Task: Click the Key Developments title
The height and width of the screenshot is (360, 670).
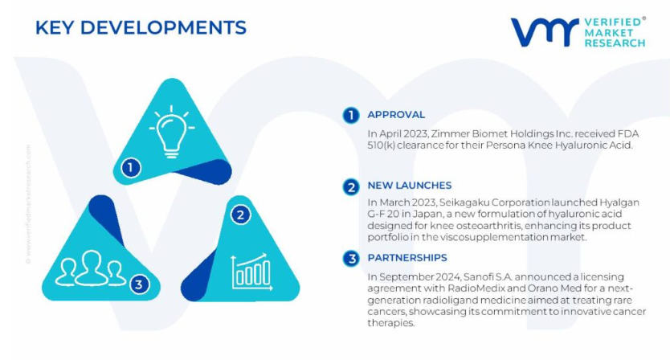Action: tap(141, 28)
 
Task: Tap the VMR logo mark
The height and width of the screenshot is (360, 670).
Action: tap(545, 32)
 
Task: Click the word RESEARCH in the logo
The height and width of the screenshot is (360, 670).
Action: tap(615, 43)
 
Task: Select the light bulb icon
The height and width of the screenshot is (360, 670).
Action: tap(171, 132)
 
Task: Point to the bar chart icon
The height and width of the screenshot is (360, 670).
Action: tap(252, 272)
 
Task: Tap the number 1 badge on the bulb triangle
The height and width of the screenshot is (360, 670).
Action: tap(131, 168)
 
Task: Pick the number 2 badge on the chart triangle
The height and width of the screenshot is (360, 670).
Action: tap(240, 215)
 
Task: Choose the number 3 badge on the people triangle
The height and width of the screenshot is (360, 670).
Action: tap(138, 284)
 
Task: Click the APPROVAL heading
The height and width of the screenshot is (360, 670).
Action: tap(396, 115)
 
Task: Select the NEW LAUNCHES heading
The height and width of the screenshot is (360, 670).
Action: tap(410, 185)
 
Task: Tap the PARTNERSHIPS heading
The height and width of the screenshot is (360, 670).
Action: tap(407, 257)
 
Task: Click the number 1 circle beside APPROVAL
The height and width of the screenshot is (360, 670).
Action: tap(351, 116)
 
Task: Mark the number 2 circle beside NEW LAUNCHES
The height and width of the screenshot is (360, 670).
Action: tap(351, 187)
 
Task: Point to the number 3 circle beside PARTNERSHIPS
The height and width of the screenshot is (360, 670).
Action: tap(351, 259)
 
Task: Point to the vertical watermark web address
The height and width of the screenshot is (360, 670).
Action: tap(28, 204)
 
